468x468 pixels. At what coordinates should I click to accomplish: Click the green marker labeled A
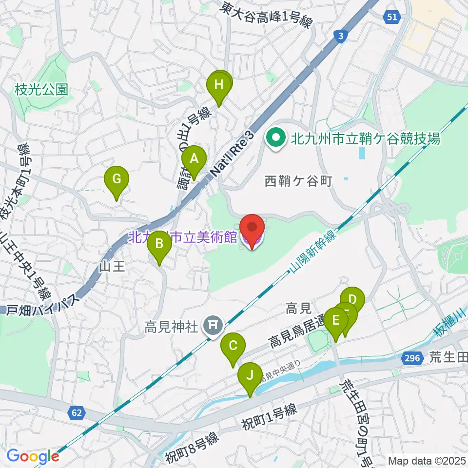pos(194,159)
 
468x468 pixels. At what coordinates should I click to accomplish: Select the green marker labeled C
pos(233,347)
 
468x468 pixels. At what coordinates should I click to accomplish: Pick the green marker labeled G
pos(117,179)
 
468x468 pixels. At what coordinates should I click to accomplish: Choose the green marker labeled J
pos(250,376)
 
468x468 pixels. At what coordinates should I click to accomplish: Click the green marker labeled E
pos(336,321)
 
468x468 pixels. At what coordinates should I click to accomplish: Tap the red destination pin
pos(252,228)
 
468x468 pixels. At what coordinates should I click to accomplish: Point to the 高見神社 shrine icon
pos(213,324)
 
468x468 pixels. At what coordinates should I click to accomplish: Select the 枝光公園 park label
pos(41,90)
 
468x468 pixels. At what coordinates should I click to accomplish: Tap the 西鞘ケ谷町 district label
pos(298,182)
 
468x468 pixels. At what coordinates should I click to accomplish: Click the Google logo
pos(33,456)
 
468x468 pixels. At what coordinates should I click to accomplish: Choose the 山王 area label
pos(113,266)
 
